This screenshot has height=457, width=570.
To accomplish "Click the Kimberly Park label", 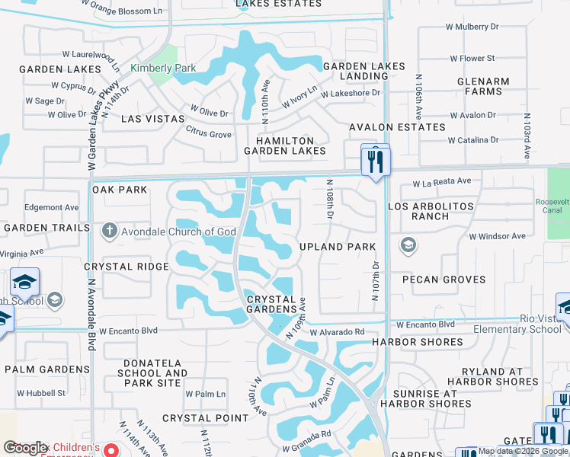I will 163,69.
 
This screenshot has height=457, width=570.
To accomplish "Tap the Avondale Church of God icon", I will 109,232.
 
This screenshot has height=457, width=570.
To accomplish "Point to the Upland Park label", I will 338,247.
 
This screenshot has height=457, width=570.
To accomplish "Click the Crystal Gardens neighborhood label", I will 271,304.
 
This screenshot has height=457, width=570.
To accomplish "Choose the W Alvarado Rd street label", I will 336,332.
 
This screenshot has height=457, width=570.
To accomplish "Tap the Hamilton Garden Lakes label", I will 285,145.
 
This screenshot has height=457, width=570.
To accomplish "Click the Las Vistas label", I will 142,119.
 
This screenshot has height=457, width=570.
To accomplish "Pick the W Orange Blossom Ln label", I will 123,10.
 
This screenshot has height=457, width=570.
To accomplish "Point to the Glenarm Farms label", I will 479,85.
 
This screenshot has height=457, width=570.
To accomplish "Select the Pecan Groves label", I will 444,280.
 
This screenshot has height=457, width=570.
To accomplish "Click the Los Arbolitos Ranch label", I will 431,211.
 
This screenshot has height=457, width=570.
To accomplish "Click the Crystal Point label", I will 205,418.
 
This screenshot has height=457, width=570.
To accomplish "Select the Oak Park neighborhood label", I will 120,189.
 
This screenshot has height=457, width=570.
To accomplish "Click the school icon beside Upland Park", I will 408,244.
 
